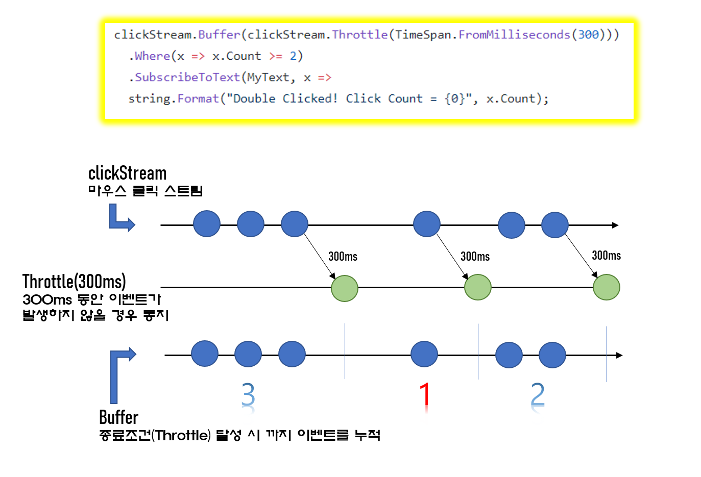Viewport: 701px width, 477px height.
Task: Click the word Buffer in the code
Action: pyautogui.click(x=219, y=35)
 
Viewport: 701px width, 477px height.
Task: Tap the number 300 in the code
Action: pyautogui.click(x=588, y=35)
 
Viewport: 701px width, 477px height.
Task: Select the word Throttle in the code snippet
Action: pyautogui.click(x=360, y=35)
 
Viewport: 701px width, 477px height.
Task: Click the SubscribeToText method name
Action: pyautogui.click(x=187, y=78)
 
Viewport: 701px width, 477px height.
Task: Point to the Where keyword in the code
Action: pyautogui.click(x=152, y=56)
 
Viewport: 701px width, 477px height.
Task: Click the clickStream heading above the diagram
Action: pyautogui.click(x=127, y=173)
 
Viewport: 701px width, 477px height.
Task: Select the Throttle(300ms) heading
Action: pyautogui.click(x=74, y=282)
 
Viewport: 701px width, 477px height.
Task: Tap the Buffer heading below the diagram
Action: pyautogui.click(x=118, y=417)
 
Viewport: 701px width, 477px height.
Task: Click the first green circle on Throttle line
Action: pyautogui.click(x=345, y=288)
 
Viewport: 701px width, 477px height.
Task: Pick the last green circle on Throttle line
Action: pyautogui.click(x=607, y=287)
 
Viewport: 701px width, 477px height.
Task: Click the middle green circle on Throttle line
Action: pyautogui.click(x=478, y=287)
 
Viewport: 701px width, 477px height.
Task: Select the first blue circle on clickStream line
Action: pyautogui.click(x=207, y=224)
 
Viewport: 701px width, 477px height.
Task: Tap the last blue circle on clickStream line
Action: pyautogui.click(x=555, y=225)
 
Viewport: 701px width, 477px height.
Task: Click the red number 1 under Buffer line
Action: pyautogui.click(x=425, y=395)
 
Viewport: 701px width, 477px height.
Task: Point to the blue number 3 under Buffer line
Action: pyautogui.click(x=248, y=395)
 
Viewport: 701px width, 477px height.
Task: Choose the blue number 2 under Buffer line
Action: pyautogui.click(x=538, y=395)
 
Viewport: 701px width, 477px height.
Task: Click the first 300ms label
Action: pyautogui.click(x=343, y=257)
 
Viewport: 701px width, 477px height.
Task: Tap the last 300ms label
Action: pyautogui.click(x=606, y=256)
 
